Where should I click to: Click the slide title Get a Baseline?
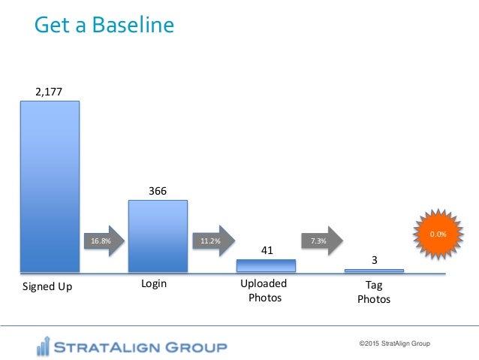(104, 26)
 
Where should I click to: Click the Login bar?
(158, 235)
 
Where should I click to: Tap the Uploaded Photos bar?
(266, 265)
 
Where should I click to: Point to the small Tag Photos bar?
(374, 271)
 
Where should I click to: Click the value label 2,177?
(49, 92)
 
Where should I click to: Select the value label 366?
(158, 191)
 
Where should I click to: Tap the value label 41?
(266, 250)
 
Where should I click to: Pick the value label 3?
(374, 260)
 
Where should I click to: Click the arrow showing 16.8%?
(103, 241)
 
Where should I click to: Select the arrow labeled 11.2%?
(212, 241)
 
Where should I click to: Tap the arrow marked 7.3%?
(320, 241)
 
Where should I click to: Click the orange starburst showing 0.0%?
(438, 234)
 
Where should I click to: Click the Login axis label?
(154, 285)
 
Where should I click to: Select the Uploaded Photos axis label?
(264, 292)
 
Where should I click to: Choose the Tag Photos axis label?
(373, 292)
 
